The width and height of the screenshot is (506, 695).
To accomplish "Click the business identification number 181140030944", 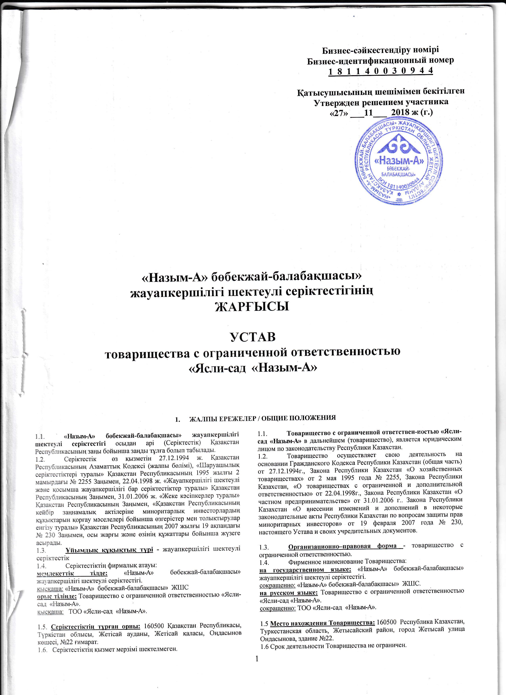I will pos(380,71).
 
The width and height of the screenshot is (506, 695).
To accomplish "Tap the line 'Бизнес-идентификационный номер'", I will pos(380,60).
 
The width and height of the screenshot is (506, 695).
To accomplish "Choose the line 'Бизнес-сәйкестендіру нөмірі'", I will pos(380,49).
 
